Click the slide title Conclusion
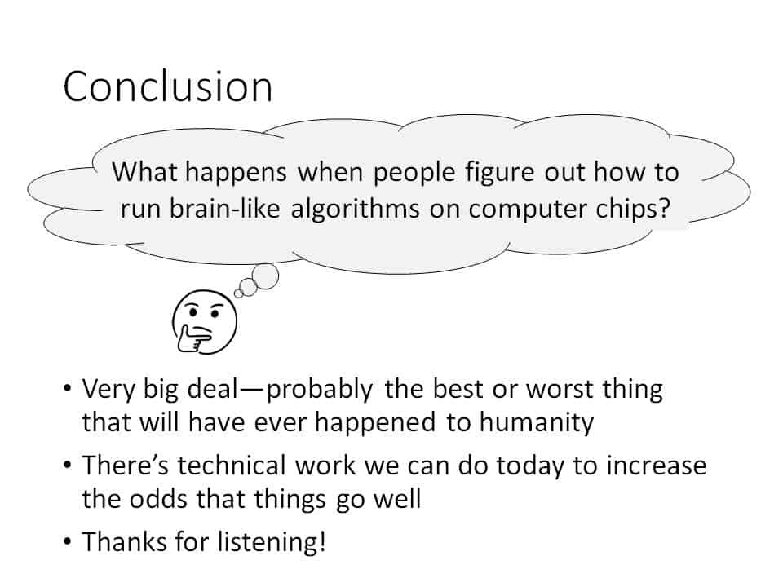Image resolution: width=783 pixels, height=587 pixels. (x=168, y=86)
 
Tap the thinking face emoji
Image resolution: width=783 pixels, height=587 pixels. (x=204, y=322)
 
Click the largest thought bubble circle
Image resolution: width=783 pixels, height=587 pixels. (x=265, y=276)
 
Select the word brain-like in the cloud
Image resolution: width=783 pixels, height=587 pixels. (x=200, y=208)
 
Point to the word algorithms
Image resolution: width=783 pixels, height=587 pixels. (x=355, y=208)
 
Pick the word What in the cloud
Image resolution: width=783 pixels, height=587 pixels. (x=144, y=172)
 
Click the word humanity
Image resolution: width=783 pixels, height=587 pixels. (x=537, y=422)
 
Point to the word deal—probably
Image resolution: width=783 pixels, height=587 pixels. (x=280, y=390)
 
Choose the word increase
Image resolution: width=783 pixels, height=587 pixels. (x=657, y=466)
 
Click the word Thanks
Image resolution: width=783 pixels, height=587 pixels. (x=124, y=541)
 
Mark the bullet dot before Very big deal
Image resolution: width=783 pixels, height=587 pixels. (x=69, y=389)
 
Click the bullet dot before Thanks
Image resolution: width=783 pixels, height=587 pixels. (x=69, y=541)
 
